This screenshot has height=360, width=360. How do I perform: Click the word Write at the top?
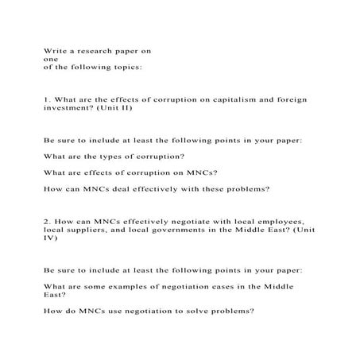[x=53, y=50]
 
